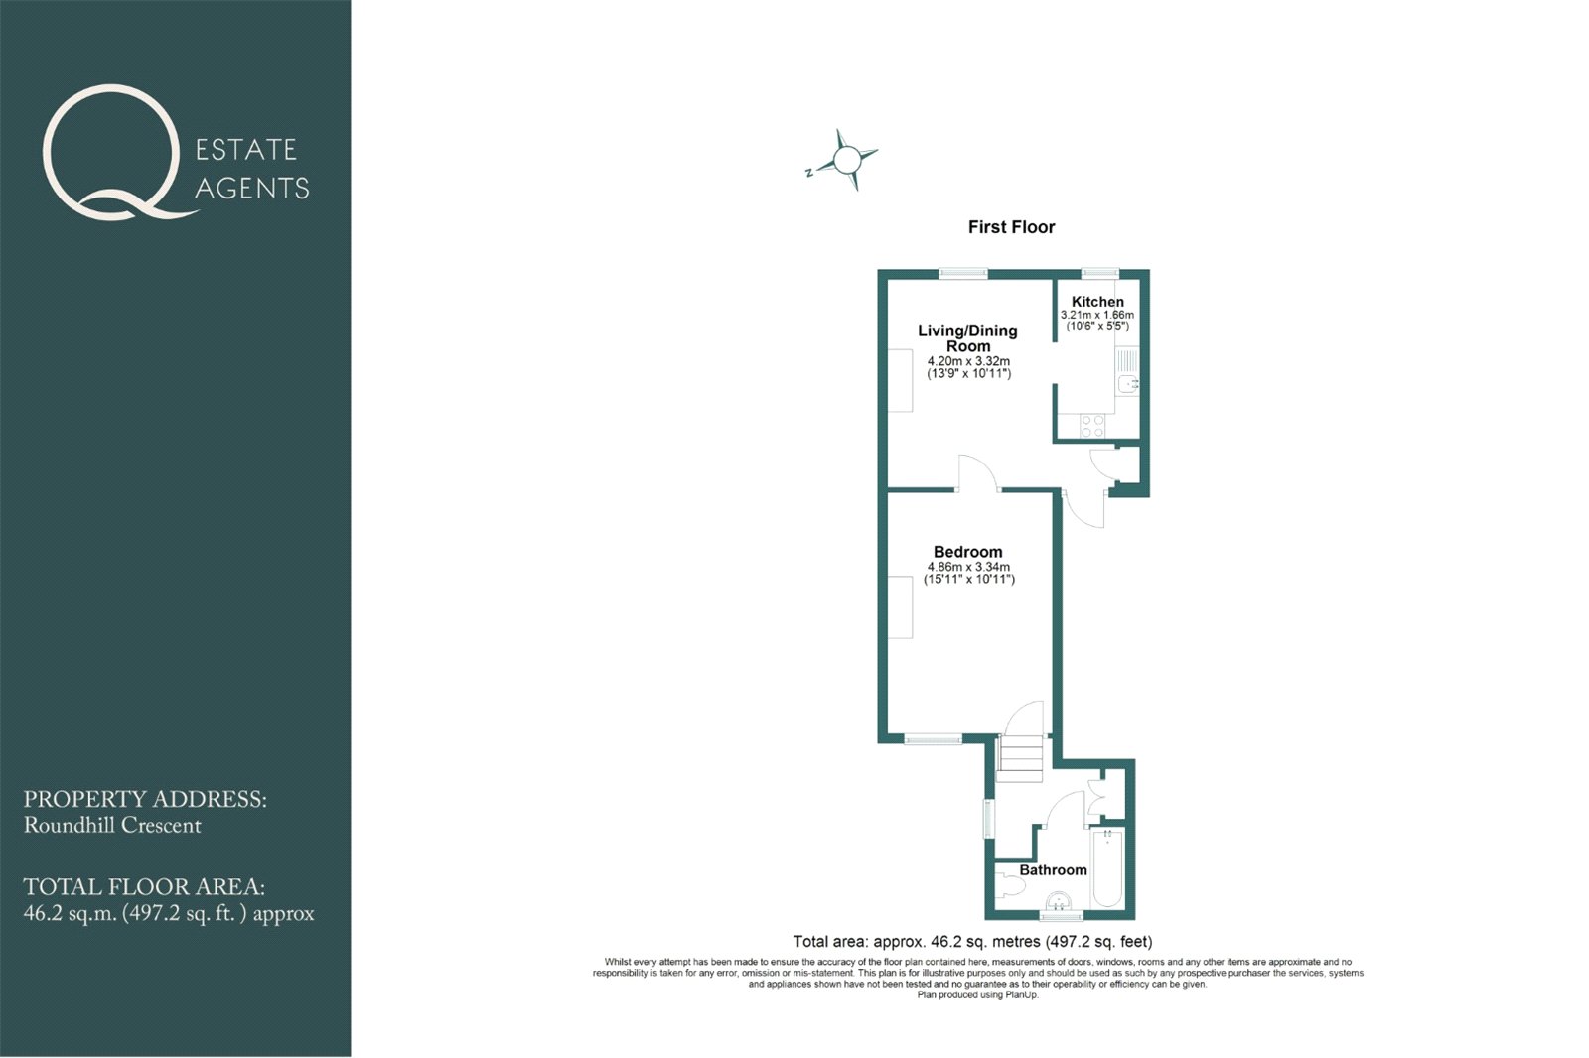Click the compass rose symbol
[x=845, y=160]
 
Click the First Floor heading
[x=1012, y=227]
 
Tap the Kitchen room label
[x=1097, y=302]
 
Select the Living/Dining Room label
[x=967, y=338]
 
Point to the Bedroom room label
[x=967, y=552]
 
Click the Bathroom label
[x=1053, y=870]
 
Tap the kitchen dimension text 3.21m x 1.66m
[x=1097, y=315]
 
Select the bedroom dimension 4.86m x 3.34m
[x=968, y=567]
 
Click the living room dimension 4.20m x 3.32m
[x=968, y=361]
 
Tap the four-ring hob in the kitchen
[x=1092, y=426]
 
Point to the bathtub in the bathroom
[x=1107, y=868]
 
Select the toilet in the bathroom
[x=1008, y=886]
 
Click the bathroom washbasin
[x=1058, y=901]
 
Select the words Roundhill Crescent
[x=112, y=826]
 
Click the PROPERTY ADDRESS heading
[x=145, y=799]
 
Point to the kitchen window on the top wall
[x=1099, y=272]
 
